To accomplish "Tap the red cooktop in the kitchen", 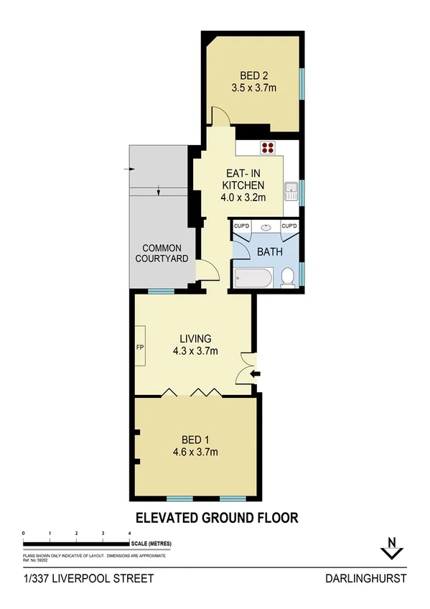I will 268,149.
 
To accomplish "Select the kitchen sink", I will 291,192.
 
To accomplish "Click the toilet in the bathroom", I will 287,276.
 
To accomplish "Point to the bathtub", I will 251,278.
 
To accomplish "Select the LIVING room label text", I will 195,339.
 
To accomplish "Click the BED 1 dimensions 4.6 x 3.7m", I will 195,452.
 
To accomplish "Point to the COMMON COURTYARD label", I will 162,254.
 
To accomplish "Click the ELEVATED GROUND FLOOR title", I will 216,517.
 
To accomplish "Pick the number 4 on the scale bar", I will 129,533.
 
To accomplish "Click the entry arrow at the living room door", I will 256,373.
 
